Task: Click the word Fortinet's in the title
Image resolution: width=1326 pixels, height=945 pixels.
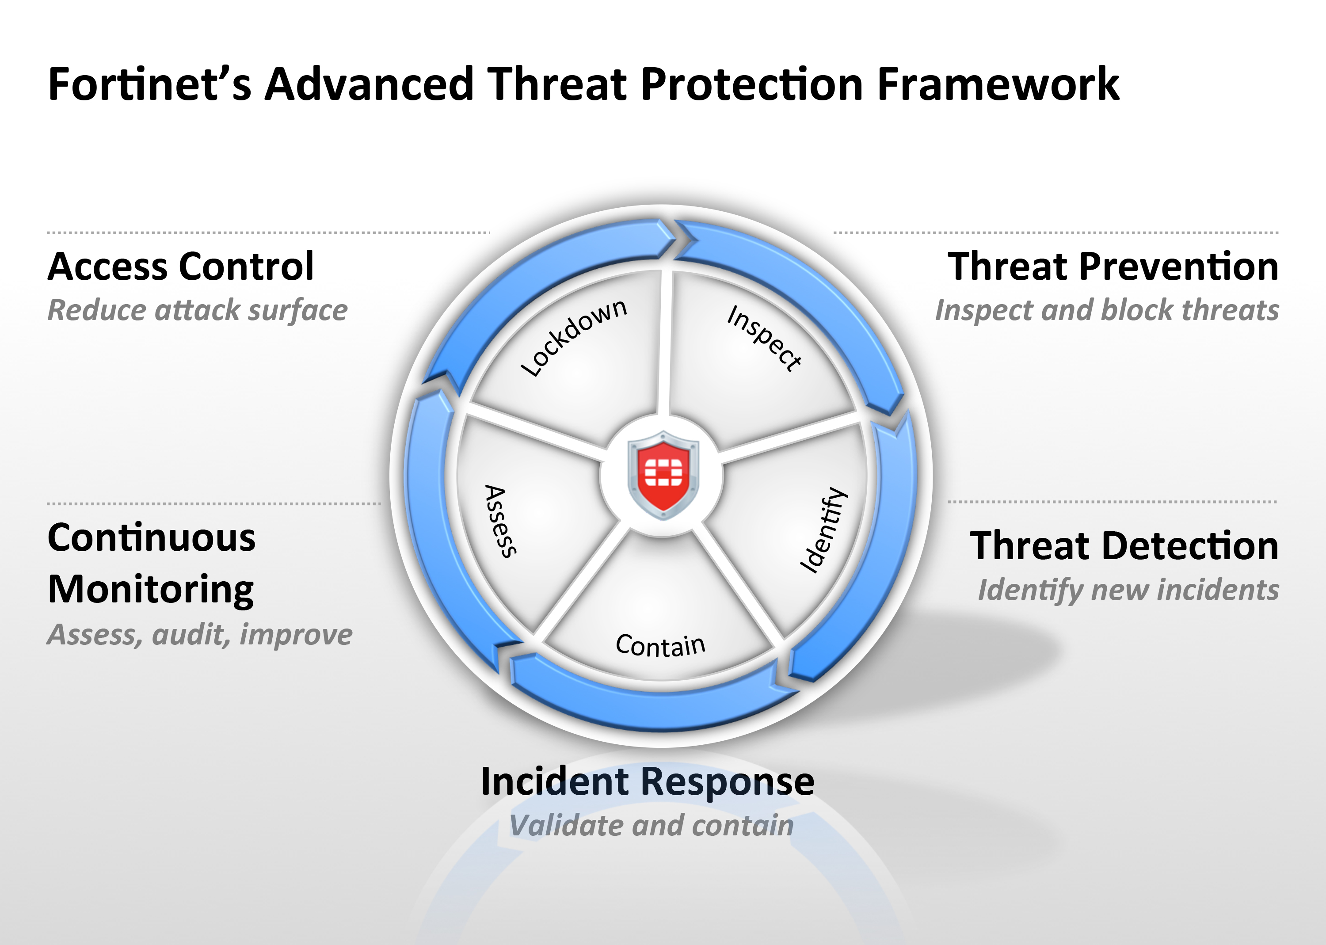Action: pos(149,84)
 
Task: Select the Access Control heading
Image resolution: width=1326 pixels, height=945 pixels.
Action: pos(181,267)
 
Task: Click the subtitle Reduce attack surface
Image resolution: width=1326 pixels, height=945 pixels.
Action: pos(197,310)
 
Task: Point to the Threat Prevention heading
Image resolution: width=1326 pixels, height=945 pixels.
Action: pos(1113,267)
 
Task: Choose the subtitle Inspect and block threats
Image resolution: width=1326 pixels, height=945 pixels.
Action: pos(1107,310)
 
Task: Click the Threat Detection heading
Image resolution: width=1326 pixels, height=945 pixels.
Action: pos(1124,546)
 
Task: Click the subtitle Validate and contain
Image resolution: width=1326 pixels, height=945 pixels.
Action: pos(652,826)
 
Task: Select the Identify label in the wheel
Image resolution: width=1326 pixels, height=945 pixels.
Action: pos(824,530)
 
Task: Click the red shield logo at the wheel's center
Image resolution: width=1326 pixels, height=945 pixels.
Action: pos(663,475)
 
